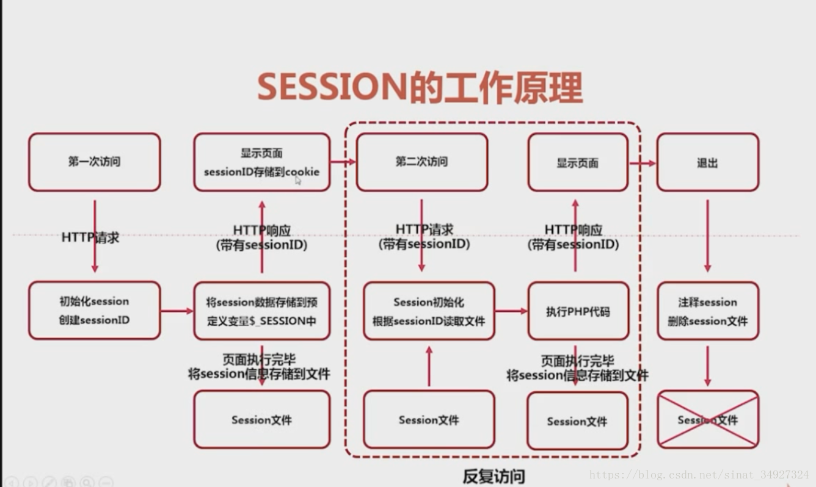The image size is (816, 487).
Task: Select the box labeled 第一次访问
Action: (94, 162)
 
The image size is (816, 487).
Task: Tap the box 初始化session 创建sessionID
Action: (94, 310)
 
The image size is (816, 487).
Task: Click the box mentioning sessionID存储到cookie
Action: (261, 162)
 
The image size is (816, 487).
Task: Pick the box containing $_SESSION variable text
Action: (261, 311)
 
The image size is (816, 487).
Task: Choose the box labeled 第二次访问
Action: (421, 162)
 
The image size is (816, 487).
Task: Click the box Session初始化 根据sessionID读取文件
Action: (429, 311)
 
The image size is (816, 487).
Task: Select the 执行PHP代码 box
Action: (577, 311)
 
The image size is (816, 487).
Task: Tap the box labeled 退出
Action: (707, 163)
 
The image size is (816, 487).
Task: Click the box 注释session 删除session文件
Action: (707, 311)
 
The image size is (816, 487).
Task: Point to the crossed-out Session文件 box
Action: (707, 420)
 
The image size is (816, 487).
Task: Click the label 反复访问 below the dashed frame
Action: (494, 476)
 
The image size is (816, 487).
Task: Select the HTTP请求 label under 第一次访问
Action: (90, 237)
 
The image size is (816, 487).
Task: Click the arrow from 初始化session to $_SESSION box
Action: (177, 311)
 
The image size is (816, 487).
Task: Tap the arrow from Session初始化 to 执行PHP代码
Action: (511, 311)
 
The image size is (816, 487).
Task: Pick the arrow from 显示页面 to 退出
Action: (642, 163)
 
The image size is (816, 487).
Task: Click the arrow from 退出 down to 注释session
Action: (707, 235)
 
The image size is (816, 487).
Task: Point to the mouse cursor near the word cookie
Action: (298, 180)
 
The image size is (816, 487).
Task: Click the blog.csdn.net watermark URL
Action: (699, 474)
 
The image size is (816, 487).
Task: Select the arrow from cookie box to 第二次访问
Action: (343, 162)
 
